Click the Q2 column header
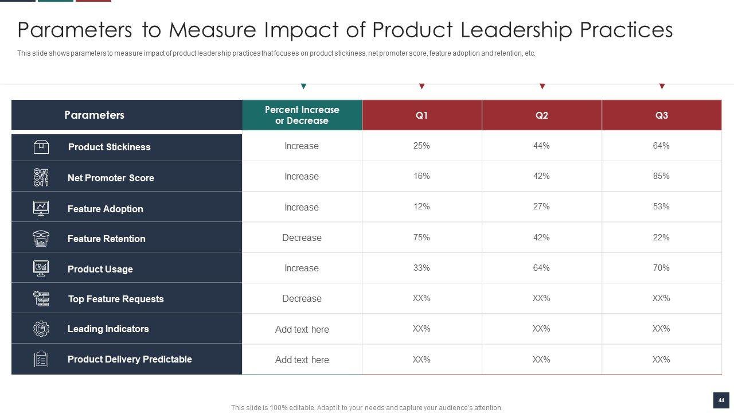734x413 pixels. [541, 115]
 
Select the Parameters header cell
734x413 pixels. [94, 115]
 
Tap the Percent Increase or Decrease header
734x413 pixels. [302, 115]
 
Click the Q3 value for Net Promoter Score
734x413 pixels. [661, 176]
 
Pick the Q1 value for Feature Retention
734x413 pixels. [421, 237]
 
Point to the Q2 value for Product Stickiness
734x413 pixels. [541, 146]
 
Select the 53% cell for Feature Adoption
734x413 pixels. [661, 206]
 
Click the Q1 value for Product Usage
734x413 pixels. [421, 268]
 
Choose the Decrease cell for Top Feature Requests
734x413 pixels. [302, 298]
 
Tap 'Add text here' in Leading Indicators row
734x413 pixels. [302, 329]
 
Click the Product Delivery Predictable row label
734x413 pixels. [130, 359]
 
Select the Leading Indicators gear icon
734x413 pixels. [41, 329]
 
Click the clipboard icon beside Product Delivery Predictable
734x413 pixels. [41, 359]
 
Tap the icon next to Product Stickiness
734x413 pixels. [41, 147]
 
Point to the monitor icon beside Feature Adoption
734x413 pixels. [41, 208]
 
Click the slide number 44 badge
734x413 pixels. [721, 400]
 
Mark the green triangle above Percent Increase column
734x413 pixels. [303, 87]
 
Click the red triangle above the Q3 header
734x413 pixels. [662, 87]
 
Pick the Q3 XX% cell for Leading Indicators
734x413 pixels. [661, 329]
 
